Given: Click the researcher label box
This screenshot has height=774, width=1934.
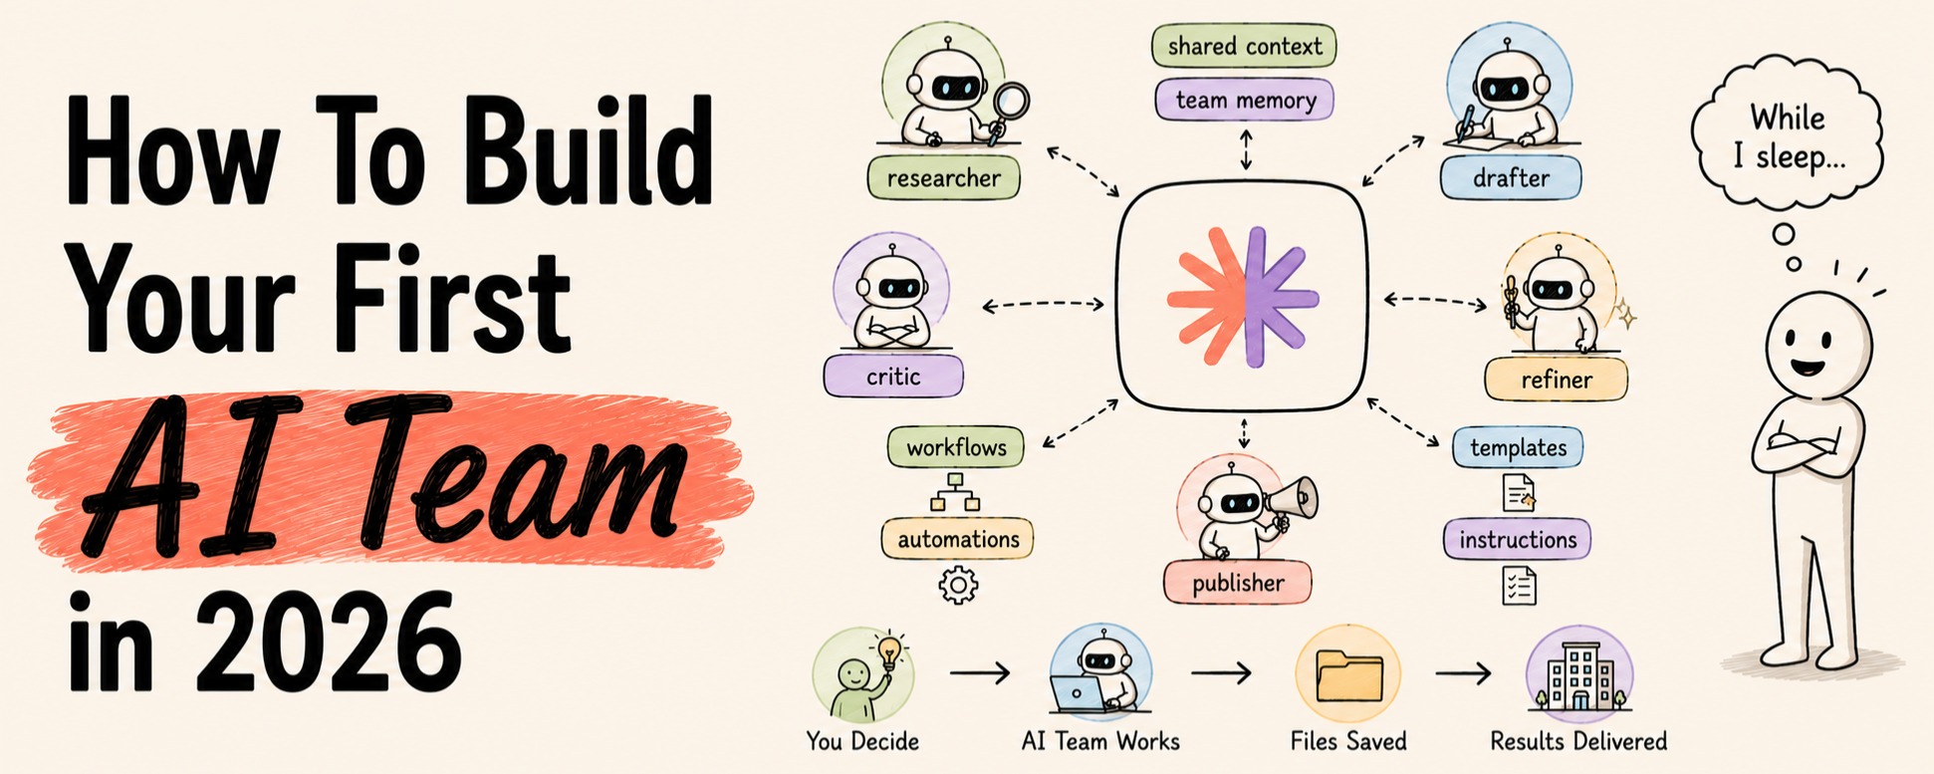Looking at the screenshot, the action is [943, 177].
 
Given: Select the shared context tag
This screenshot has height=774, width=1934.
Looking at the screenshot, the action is [1244, 47].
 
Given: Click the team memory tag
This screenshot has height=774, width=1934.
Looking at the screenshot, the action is [1245, 100].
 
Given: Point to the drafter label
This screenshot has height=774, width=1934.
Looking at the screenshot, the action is [1511, 177].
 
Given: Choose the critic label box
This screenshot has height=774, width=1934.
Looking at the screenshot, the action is [893, 377].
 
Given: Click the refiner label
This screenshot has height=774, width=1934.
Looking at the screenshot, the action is [1556, 380].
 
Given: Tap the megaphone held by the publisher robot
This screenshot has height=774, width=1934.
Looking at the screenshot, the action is [1291, 498].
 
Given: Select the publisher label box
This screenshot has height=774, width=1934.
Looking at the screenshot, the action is [1238, 583].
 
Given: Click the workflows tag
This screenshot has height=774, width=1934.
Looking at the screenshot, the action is [956, 447].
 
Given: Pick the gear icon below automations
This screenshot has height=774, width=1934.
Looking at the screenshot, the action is [958, 585].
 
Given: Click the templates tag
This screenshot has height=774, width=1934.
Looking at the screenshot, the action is [1518, 447].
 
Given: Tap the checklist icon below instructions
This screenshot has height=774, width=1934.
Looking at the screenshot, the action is [1519, 586].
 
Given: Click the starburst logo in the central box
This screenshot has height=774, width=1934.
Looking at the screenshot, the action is [1244, 296].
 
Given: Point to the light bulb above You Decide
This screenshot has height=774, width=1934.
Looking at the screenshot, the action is [889, 650].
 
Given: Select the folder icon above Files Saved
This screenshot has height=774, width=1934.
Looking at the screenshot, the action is [1348, 676].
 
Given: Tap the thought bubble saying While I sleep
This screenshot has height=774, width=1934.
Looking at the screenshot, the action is [1788, 136].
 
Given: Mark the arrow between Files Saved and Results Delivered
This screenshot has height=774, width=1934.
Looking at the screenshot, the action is [1463, 674].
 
